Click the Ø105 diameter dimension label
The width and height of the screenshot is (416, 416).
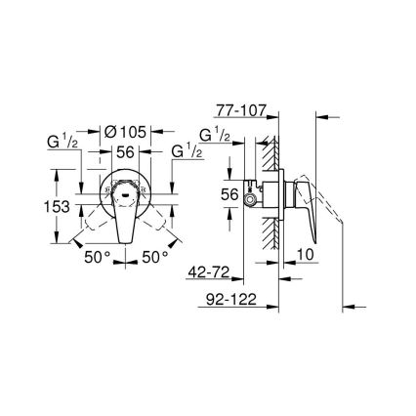pyautogui.click(x=126, y=131)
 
